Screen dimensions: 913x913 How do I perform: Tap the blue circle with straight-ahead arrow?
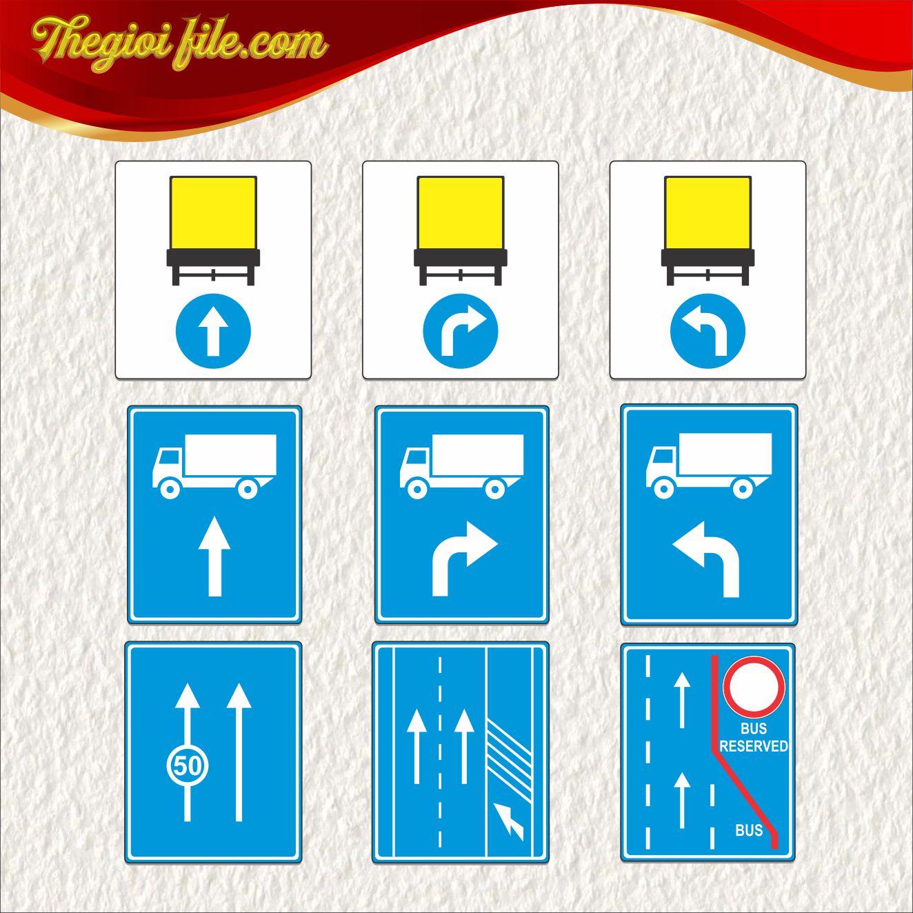pos(213,331)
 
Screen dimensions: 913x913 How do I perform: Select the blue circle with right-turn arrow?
pos(461,331)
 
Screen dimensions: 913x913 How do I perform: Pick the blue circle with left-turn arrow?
pos(708,331)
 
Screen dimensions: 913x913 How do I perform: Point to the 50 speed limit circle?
pos(188,765)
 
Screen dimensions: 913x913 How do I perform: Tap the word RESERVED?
pos(753,746)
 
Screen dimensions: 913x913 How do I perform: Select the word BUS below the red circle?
pos(753,728)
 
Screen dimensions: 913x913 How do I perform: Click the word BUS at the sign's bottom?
pos(749,830)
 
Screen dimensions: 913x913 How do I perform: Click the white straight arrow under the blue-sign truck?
pos(214,556)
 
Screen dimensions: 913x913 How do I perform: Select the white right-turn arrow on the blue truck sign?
pos(464,559)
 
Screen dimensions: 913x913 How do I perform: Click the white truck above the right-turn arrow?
pos(461,467)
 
